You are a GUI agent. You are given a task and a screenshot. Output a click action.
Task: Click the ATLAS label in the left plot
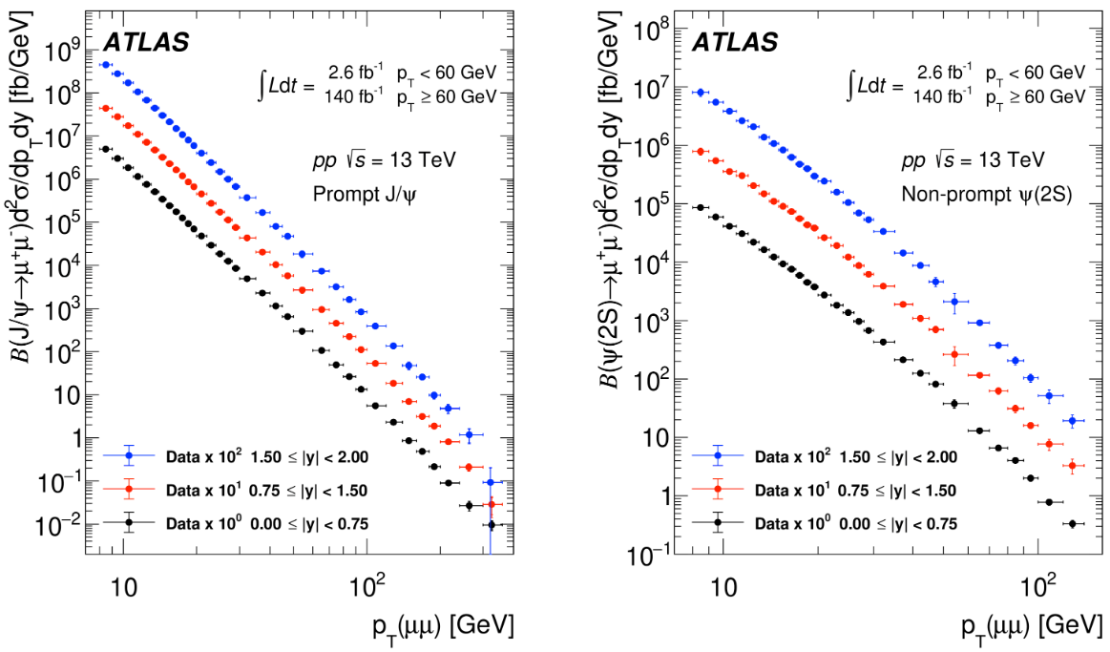(x=145, y=42)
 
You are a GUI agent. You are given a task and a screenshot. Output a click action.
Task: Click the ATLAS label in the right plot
(x=734, y=42)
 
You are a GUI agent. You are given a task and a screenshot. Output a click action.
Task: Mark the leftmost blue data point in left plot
(x=105, y=65)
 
